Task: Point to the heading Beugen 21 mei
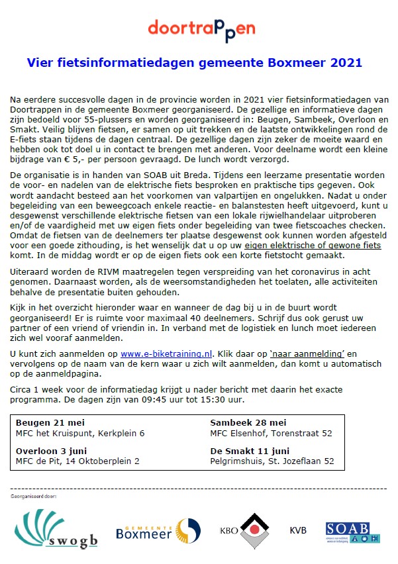(50, 422)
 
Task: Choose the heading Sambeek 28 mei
(248, 422)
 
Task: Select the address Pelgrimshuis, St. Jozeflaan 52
(272, 461)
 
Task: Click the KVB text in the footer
(298, 530)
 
